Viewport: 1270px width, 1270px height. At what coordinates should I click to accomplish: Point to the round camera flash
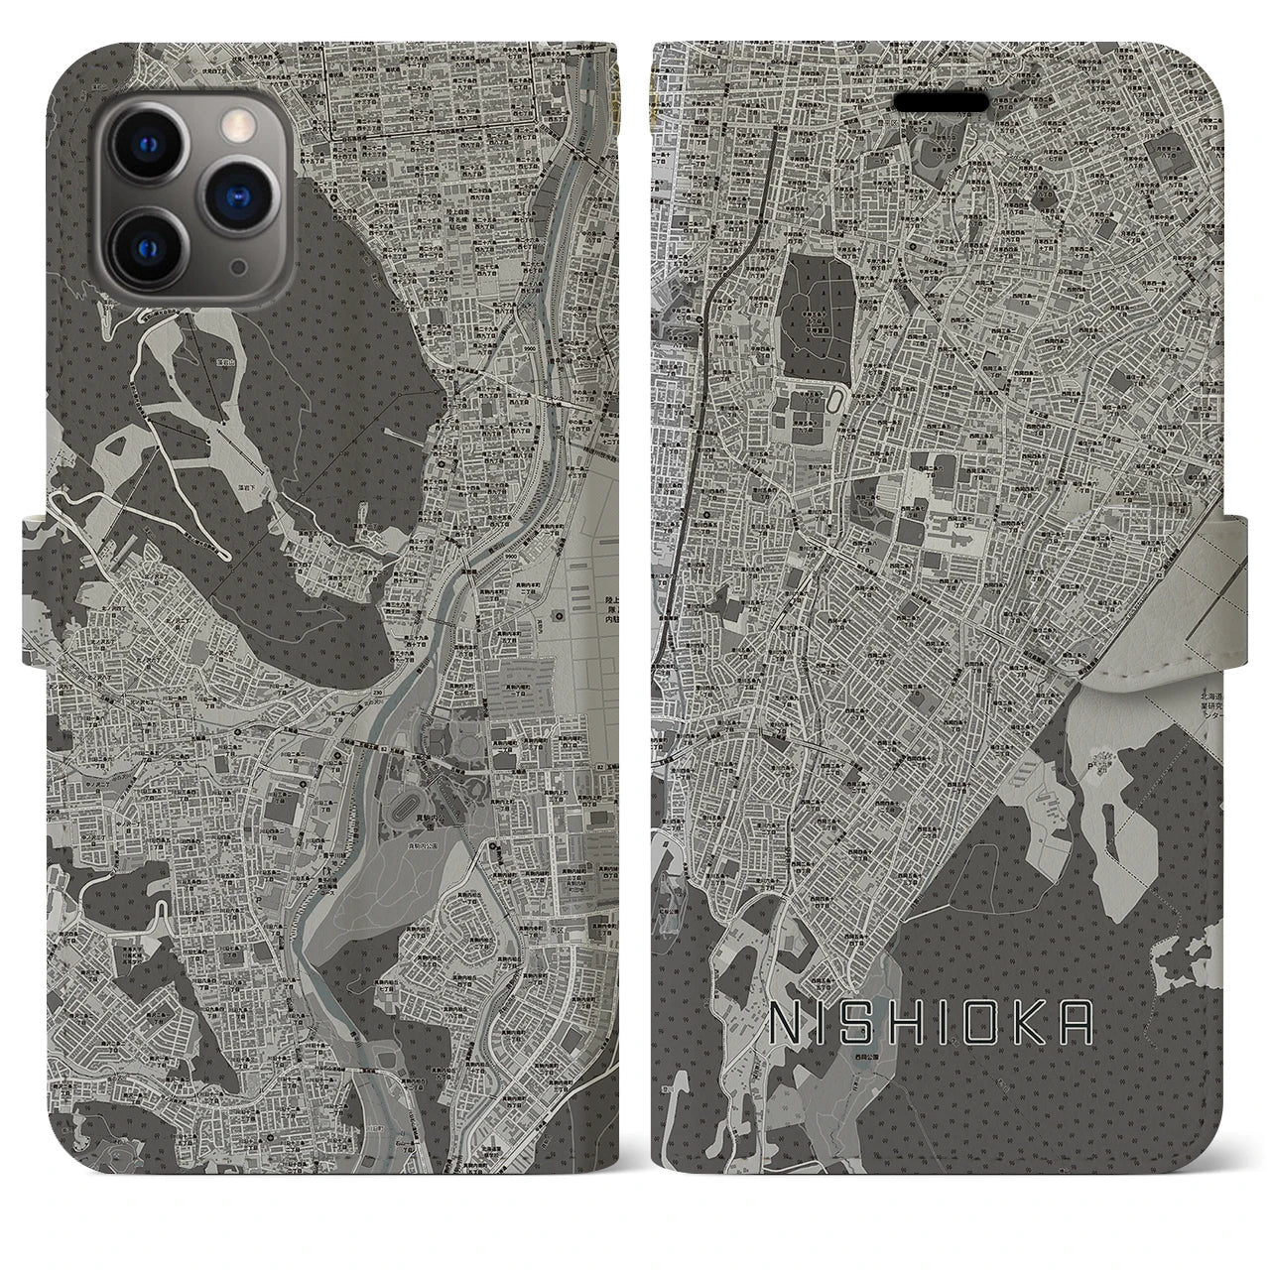[x=234, y=125]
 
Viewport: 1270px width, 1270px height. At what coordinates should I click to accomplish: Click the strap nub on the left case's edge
[x=35, y=552]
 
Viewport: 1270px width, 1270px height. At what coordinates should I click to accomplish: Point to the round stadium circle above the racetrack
[x=438, y=739]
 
